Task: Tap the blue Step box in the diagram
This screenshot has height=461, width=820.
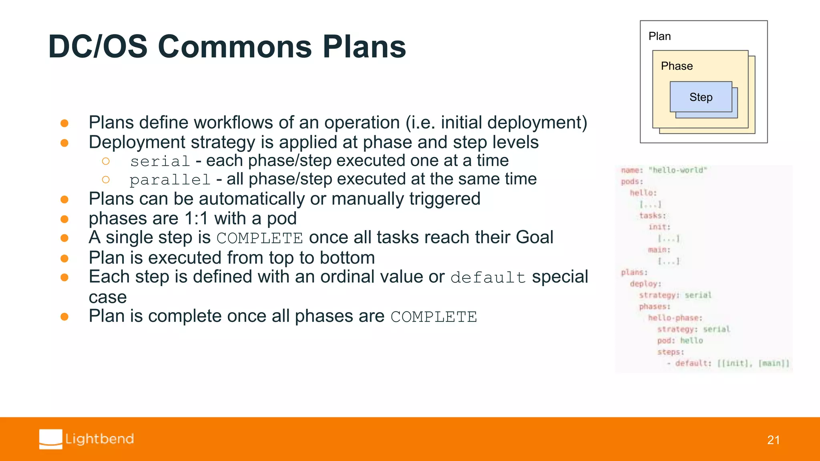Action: tap(701, 97)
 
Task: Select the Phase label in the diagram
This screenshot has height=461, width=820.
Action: tap(677, 66)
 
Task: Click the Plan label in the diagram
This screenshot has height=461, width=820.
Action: tap(659, 36)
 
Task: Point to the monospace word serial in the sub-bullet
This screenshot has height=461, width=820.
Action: tap(160, 161)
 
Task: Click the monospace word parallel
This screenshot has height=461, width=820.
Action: tap(170, 180)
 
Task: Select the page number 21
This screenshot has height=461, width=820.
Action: tap(773, 440)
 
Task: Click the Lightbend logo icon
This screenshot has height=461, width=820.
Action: tap(51, 439)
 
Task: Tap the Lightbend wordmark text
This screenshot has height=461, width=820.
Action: tap(99, 439)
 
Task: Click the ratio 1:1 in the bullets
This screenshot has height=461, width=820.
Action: tap(196, 218)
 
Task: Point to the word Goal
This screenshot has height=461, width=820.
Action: tap(534, 237)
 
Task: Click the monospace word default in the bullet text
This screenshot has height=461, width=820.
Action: tap(488, 277)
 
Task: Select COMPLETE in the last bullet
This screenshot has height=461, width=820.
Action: tap(434, 317)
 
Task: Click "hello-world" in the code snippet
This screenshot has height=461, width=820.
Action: tap(678, 170)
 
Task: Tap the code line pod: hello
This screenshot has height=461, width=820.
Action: tap(680, 341)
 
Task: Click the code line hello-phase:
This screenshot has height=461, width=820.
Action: tap(675, 318)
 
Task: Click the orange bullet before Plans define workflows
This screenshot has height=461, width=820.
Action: tap(64, 123)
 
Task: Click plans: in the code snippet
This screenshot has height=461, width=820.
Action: tap(634, 272)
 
